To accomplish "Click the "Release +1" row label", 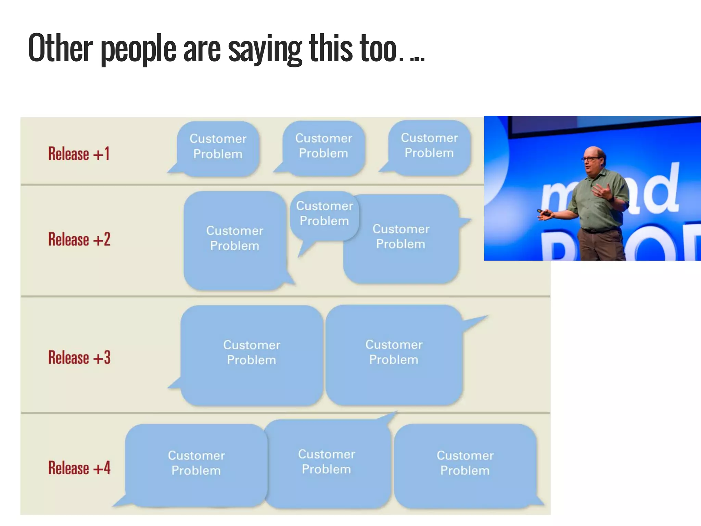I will (79, 154).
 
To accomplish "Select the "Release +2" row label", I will (79, 239).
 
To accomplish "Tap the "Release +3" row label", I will (79, 358).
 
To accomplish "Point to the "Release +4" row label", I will (79, 468).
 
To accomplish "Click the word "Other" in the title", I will (60, 48).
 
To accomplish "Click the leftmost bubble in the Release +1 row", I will (218, 147).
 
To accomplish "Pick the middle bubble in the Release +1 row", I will (324, 147).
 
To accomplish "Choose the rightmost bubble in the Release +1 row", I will (429, 146).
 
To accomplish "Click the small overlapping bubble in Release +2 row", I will (324, 214).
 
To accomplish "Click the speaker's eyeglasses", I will (591, 159).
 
